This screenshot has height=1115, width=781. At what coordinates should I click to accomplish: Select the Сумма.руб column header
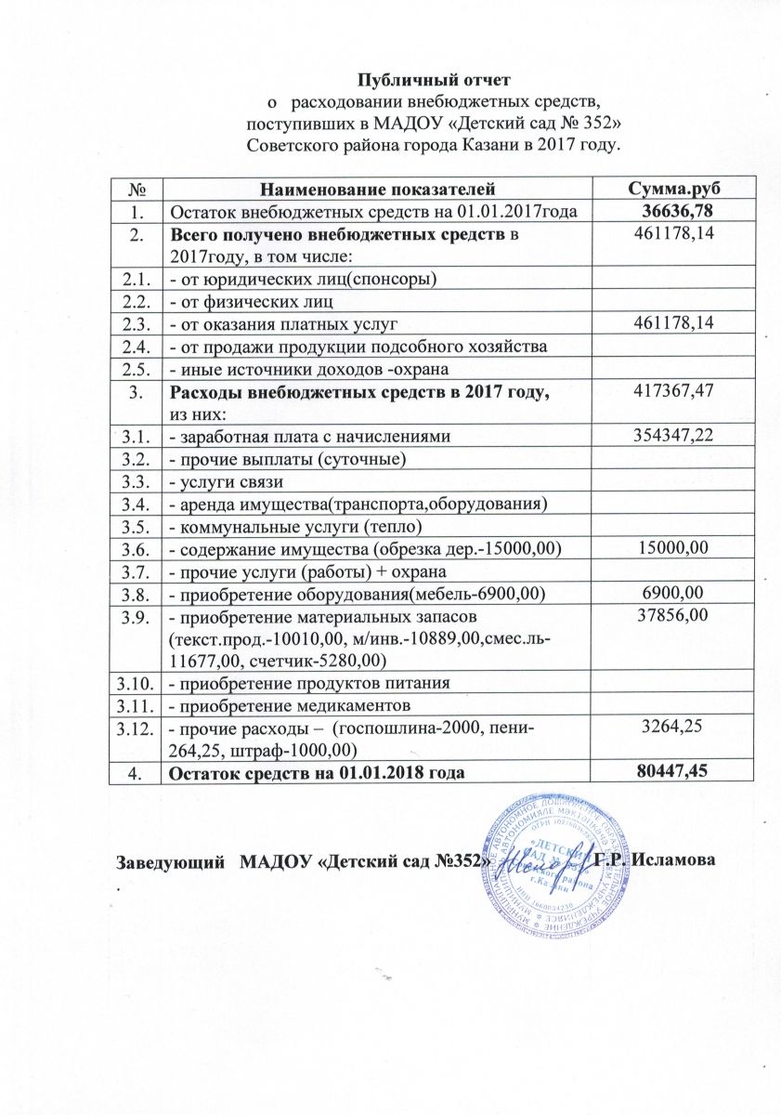click(x=670, y=190)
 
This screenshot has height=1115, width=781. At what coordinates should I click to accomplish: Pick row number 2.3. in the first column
click(x=137, y=322)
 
